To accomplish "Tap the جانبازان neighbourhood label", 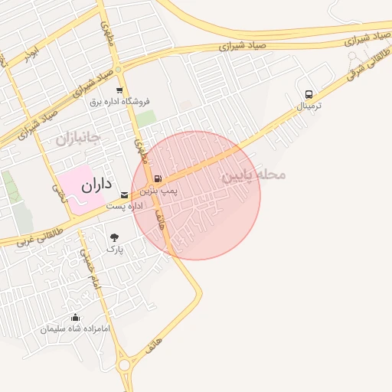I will pos(78,138).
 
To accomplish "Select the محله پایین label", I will pos(253,175).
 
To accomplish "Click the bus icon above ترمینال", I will pos(309,94).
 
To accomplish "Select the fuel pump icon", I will pos(158,178).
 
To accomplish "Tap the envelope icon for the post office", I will pos(124,195).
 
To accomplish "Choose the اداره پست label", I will pos(125,207).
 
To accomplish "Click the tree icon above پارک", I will pos(115,237).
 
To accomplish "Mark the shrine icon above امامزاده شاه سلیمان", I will pos(75,318).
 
